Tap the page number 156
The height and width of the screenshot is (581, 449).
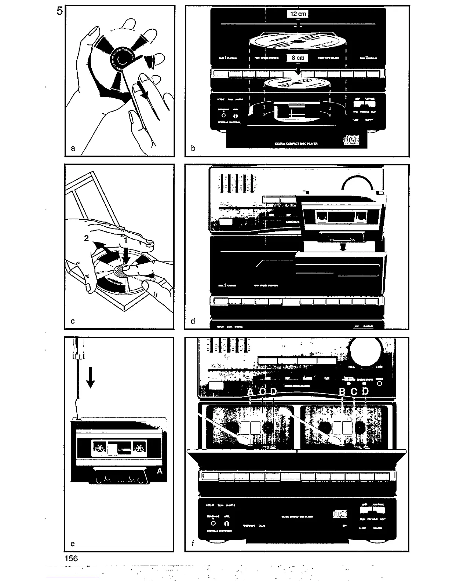[71, 558]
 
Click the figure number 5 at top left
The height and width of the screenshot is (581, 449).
[60, 11]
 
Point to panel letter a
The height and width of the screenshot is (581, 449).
[73, 148]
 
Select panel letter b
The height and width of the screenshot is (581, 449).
[193, 148]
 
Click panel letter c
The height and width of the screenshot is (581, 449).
[73, 321]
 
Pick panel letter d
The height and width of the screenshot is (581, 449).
[193, 321]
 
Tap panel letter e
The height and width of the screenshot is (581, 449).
[73, 544]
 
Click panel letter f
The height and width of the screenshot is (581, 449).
[193, 544]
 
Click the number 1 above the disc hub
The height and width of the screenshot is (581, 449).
[125, 241]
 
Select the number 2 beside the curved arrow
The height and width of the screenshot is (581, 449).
[86, 238]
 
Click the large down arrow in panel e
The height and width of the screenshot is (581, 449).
[90, 378]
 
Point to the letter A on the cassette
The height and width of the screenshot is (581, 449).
[160, 471]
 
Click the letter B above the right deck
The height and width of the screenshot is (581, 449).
[342, 392]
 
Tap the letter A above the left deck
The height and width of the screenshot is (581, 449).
[251, 392]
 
